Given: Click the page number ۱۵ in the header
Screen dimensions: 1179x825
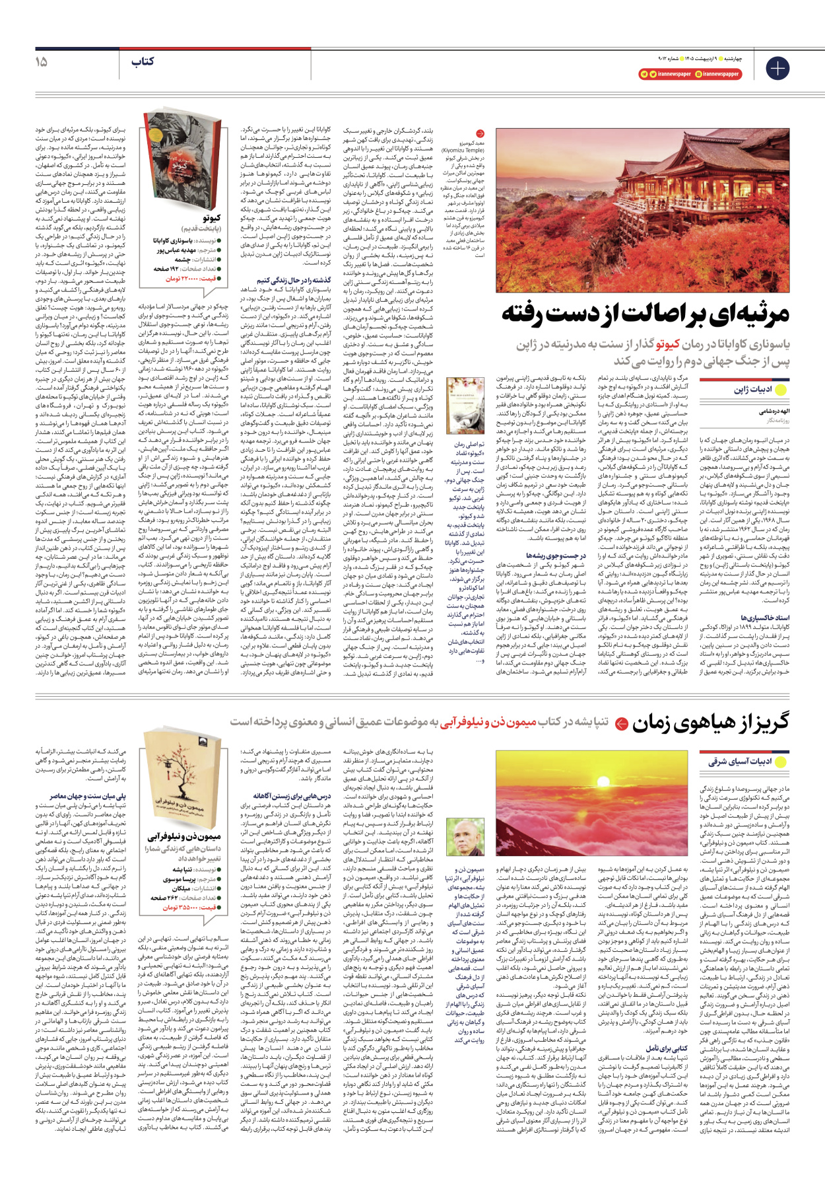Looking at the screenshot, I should pos(41,61).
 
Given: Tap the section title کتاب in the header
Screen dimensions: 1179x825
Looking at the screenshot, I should pos(143,61).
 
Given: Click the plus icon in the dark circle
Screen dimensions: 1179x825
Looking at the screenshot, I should pos(777,68).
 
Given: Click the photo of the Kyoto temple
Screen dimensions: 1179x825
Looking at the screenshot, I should pos(642,211).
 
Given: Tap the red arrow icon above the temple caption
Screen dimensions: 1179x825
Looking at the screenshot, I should pos(480,133).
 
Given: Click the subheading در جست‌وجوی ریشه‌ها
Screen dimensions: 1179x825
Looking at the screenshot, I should pos(555,555).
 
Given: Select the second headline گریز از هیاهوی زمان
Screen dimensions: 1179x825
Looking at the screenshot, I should pos(710,723).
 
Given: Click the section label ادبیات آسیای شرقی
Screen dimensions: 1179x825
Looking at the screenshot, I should pos(740,762).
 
